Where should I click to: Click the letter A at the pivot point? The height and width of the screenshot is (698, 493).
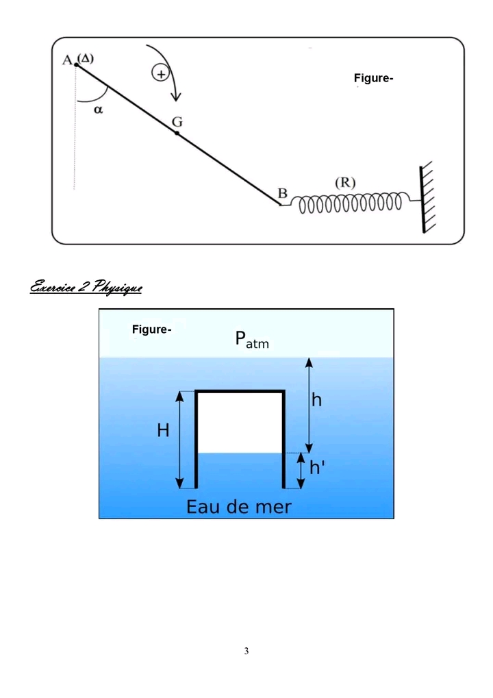(67, 61)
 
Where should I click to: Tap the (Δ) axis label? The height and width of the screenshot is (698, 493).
(86, 58)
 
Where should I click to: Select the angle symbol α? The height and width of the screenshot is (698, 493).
(98, 110)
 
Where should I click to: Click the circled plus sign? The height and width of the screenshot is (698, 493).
(161, 73)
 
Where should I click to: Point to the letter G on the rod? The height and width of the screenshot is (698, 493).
(177, 121)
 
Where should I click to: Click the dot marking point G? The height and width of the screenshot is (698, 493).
(177, 133)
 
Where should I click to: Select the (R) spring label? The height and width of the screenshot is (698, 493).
(344, 183)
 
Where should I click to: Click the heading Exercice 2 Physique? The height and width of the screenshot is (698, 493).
(86, 287)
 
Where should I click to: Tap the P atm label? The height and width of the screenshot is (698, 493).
(252, 339)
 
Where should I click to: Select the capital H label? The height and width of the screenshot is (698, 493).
(163, 431)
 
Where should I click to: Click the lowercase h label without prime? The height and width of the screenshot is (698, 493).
(317, 401)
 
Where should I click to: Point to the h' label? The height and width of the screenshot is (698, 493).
(317, 468)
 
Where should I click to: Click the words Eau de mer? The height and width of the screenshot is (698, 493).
(239, 507)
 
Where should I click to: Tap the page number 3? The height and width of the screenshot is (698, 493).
(246, 651)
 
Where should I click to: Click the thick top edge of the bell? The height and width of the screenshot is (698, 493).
(240, 392)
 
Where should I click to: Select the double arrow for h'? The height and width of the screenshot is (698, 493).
(301, 471)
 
